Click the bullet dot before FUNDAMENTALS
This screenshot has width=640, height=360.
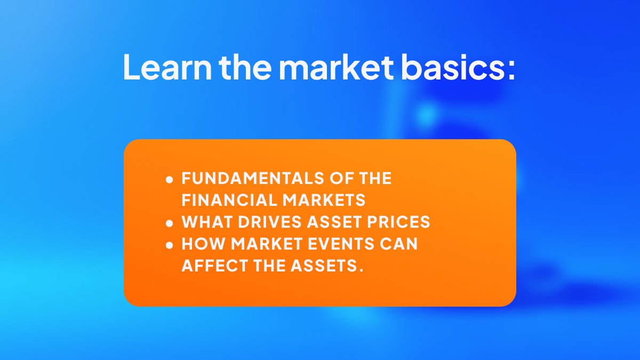pyautogui.click(x=170, y=180)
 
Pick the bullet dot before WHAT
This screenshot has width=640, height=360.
pyautogui.click(x=170, y=223)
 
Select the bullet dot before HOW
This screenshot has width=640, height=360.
pyautogui.click(x=170, y=245)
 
